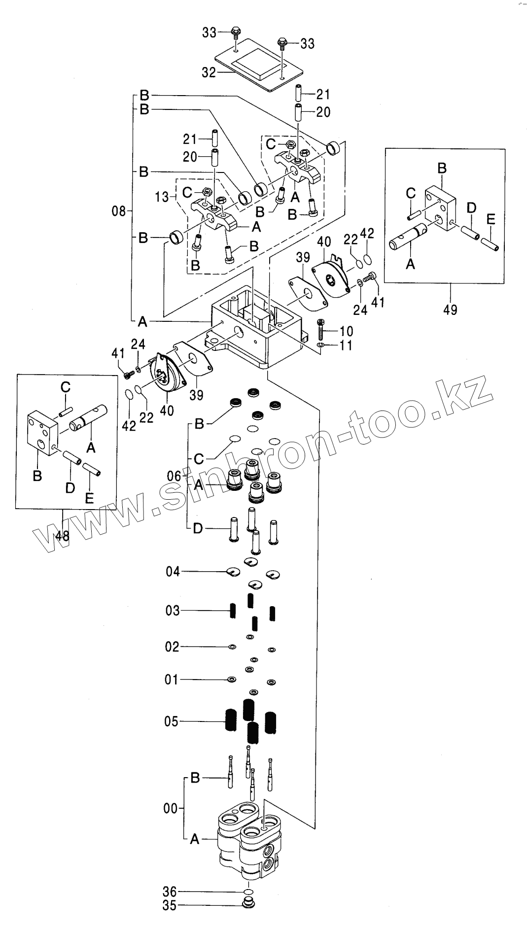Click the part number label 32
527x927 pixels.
tap(209, 72)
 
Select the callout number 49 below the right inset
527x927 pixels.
tap(450, 309)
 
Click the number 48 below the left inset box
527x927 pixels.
tap(62, 536)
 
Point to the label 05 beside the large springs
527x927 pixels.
tap(171, 722)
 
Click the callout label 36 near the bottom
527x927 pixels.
tap(170, 892)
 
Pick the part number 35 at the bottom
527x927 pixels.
tap(170, 906)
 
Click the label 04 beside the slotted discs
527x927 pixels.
tap(173, 572)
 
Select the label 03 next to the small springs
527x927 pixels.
tap(173, 611)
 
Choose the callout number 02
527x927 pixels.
tap(172, 647)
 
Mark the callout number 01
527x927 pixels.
tap(171, 680)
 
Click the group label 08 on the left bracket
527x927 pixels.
tap(119, 212)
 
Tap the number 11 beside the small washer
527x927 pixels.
tap(346, 345)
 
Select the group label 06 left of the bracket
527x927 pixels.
tap(174, 476)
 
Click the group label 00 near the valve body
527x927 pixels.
tap(170, 808)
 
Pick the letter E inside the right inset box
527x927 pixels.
tap(491, 220)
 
